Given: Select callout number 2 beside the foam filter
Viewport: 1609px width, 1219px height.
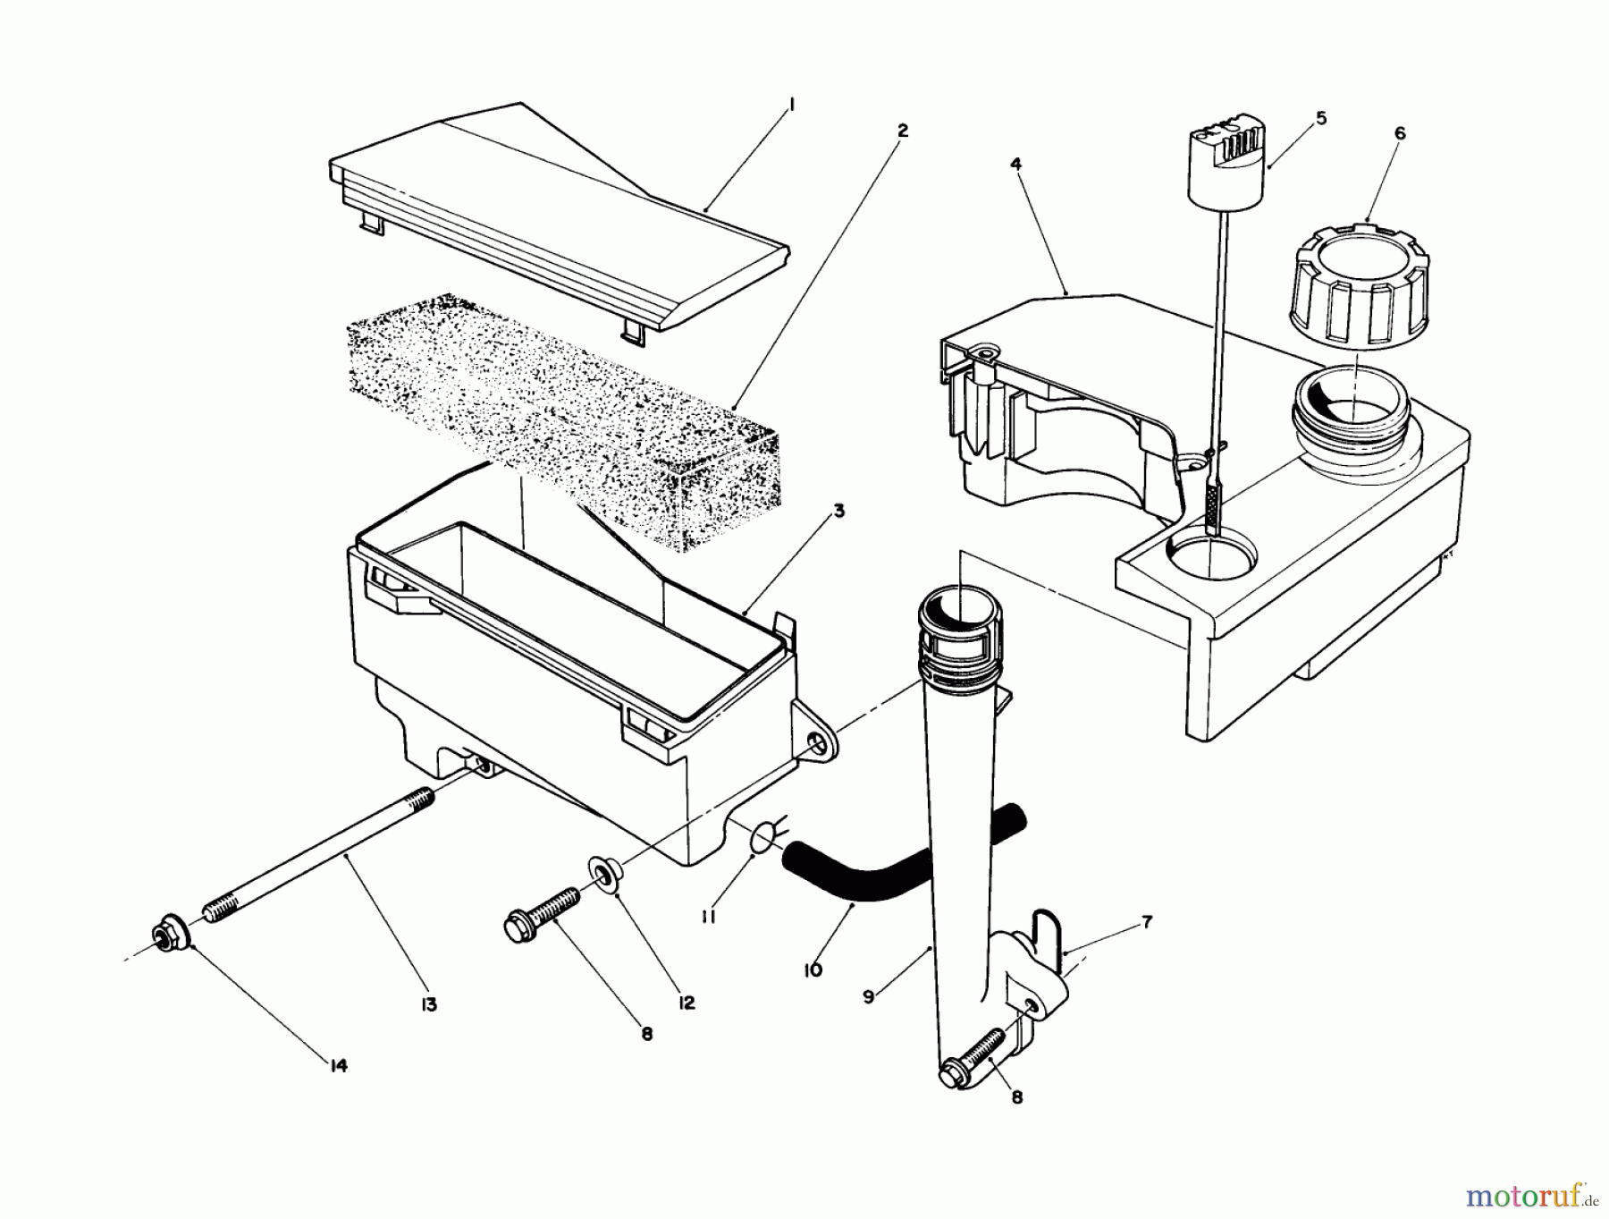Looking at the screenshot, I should point(902,131).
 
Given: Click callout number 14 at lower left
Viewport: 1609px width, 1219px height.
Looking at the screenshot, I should point(338,1065).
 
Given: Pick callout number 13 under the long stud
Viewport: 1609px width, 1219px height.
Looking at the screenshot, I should point(429,1004).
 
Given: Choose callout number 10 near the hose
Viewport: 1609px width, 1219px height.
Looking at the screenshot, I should point(813,969).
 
